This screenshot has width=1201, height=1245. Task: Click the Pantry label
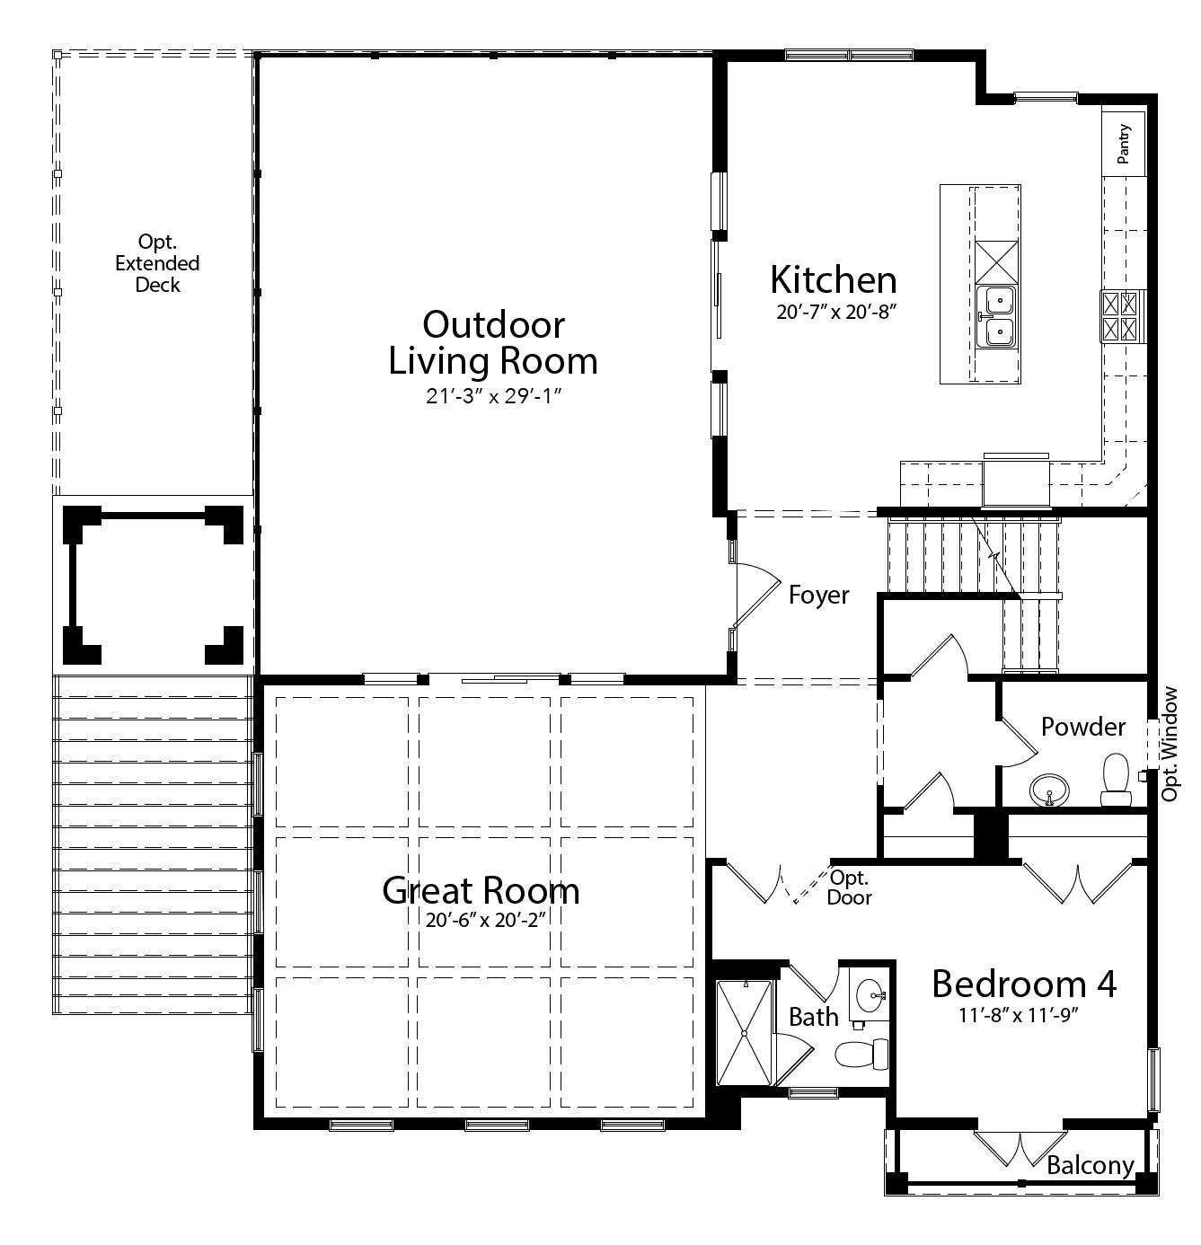[1124, 144]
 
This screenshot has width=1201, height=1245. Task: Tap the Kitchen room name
[833, 279]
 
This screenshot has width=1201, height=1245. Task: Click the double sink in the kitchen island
[997, 316]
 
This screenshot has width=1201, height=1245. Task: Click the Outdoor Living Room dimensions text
[492, 396]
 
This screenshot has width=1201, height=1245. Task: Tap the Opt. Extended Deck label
[157, 263]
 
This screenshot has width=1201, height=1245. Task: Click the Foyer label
[818, 595]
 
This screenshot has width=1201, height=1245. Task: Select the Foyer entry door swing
[755, 594]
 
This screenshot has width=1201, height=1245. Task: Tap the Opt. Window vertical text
[1169, 744]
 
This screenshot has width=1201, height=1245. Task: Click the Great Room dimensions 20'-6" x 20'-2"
[487, 920]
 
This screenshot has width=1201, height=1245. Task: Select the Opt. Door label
[849, 887]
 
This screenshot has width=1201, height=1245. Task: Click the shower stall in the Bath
[744, 1034]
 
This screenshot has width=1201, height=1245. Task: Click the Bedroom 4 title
[1023, 984]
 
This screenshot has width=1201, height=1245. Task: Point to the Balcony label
[1090, 1165]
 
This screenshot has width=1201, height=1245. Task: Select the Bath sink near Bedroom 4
[870, 995]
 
